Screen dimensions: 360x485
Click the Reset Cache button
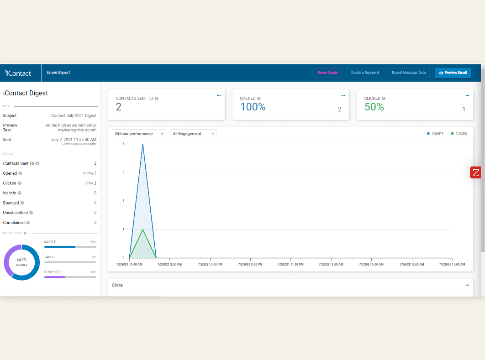327,73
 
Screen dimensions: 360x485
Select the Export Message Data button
409,73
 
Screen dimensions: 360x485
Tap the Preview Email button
453,73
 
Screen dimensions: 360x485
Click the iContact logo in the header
18,73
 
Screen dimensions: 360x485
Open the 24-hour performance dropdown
139,134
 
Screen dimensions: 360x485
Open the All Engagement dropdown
193,134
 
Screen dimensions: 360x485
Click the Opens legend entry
435,134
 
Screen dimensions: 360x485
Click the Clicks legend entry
459,134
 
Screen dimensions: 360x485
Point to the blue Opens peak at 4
143,144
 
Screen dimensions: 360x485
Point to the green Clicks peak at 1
143,230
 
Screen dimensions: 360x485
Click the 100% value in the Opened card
253,107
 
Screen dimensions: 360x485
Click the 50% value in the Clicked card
374,107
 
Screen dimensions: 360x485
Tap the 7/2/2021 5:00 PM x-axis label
210,264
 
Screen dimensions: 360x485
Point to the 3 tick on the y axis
123,172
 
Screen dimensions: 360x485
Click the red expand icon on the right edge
476,172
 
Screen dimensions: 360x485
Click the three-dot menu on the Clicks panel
467,285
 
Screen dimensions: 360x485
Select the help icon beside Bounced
22,203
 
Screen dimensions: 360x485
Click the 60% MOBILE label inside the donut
21,261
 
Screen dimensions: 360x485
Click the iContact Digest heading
26,93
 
